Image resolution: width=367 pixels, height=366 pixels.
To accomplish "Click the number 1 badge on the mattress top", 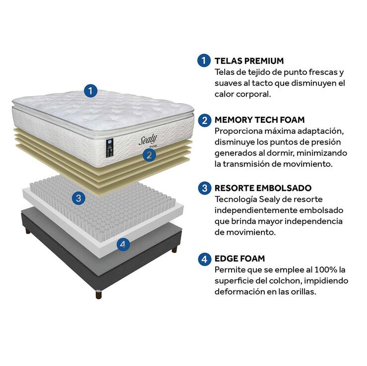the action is [91, 91].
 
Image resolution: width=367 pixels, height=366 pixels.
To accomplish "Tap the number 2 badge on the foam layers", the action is [149, 155].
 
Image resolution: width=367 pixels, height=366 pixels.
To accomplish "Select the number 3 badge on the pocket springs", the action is [78, 198].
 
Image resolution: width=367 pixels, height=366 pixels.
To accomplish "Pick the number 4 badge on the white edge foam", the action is [123, 245].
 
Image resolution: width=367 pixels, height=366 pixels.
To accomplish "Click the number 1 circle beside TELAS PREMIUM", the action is [204, 60].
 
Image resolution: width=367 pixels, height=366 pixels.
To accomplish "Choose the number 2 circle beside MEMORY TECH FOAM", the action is [204, 120].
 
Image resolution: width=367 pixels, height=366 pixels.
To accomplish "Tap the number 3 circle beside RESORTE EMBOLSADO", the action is [204, 188].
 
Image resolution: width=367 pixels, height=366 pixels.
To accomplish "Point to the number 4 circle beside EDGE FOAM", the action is [204, 259].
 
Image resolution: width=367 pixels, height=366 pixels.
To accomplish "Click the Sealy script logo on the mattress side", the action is [148, 140].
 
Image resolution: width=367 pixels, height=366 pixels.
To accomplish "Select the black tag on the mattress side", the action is [110, 148].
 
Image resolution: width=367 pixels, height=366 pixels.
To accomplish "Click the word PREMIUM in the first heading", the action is [264, 61].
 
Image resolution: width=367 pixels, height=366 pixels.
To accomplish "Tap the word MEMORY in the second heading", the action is [235, 120].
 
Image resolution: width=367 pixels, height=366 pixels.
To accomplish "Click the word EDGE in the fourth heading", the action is [226, 259].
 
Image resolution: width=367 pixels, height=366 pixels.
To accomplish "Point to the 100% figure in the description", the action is [326, 270].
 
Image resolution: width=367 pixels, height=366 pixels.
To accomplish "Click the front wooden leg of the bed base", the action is [99, 295].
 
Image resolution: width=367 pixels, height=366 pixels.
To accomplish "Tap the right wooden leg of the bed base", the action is [175, 249].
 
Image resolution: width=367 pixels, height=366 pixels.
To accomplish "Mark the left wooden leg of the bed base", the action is [28, 231].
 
